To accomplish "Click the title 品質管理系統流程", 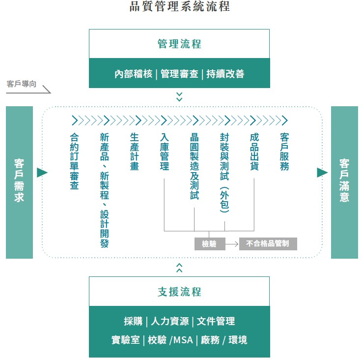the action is (180, 6).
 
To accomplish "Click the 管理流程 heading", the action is (179, 44).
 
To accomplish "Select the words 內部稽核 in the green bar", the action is (134, 74).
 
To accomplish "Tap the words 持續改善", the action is (225, 74).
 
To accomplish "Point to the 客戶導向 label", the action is (22, 84).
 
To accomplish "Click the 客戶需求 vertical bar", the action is (19, 182).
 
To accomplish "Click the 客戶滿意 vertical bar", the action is (344, 182).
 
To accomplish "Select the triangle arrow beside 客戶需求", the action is (42, 173).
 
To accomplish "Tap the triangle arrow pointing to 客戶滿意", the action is (322, 173).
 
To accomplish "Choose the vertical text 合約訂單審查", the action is (74, 161).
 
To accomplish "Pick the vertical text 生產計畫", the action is (135, 151).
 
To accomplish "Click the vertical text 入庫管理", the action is (165, 151).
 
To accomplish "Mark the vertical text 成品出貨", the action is (254, 151).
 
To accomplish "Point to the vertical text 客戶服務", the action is (284, 151).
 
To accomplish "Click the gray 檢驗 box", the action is (210, 244).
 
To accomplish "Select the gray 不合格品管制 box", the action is (268, 244).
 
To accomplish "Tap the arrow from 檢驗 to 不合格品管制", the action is (232, 244).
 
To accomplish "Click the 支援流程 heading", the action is (179, 292).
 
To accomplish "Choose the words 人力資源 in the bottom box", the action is (169, 321).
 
